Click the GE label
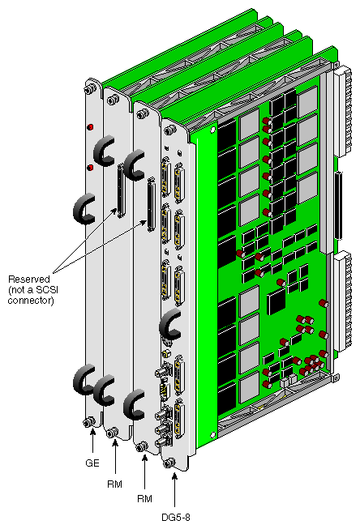coord(92,463)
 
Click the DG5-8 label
coord(176,517)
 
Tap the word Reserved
coord(29,279)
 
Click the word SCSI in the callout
coord(50,290)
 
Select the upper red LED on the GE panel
coord(90,127)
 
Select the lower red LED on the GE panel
coord(90,168)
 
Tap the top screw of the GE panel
coord(88,90)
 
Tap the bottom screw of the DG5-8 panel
coord(168,463)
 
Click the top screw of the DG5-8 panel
coord(169,130)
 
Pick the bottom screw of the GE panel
coord(88,422)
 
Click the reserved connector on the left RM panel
coord(120,190)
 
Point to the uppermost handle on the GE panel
coord(104,151)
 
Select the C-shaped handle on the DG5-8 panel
coord(170,326)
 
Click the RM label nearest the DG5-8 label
coord(144,499)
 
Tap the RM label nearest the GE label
coord(114,484)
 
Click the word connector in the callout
coord(31,301)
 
